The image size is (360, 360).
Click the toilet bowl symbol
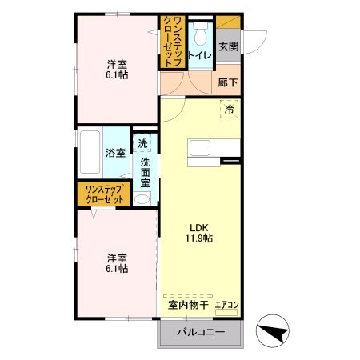[201, 34]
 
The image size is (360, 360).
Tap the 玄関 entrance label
[229, 46]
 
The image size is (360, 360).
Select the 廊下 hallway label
[228, 82]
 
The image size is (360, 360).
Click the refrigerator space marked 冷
[229, 109]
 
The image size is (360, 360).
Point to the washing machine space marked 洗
[142, 143]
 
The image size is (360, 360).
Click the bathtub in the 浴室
[90, 152]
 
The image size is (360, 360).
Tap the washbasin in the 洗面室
[142, 199]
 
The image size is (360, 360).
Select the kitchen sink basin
[200, 148]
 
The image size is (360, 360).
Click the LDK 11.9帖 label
[199, 233]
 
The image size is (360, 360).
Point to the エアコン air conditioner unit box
[226, 312]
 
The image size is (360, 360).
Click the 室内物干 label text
[188, 305]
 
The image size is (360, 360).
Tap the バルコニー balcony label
[201, 332]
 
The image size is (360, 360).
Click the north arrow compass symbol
[273, 331]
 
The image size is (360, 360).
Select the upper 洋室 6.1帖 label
[117, 70]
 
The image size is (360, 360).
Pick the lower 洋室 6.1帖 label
[117, 263]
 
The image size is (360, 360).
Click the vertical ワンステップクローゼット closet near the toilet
[172, 42]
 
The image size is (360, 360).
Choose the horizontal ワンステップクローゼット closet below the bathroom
[104, 194]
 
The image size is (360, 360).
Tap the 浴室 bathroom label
[115, 153]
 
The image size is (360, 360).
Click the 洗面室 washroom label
[146, 172]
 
